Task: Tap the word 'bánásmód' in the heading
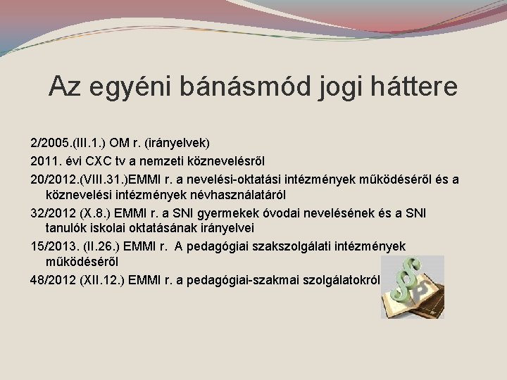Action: pos(237,87)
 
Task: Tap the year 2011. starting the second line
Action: pos(45,161)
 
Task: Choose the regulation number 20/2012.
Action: pos(56,180)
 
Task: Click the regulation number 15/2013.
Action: pos(56,246)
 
